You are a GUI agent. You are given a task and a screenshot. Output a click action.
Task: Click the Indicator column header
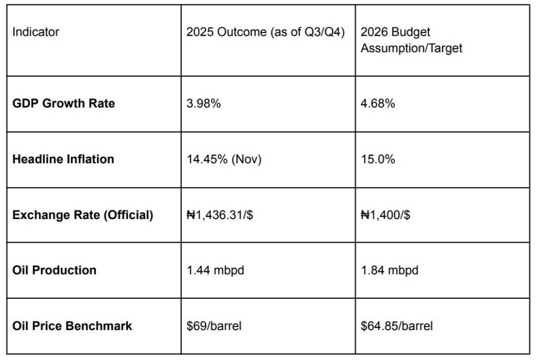point(36,32)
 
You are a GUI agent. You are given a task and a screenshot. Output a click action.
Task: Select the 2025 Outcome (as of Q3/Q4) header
point(265,32)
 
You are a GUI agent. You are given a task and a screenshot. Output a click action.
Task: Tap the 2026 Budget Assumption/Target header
point(412,40)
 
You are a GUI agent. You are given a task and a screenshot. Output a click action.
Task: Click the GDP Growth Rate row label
point(63,103)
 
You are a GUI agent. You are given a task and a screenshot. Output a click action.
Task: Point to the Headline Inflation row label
point(63,159)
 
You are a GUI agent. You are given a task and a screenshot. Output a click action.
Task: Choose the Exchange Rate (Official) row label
point(83,215)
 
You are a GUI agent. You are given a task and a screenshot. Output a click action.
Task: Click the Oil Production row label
point(55,270)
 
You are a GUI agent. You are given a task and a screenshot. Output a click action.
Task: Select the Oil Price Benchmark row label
point(72,326)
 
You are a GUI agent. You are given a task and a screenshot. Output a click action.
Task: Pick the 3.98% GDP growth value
point(203,103)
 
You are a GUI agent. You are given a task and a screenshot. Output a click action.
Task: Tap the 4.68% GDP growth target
point(378,103)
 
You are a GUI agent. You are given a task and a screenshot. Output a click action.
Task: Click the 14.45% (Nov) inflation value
point(224,159)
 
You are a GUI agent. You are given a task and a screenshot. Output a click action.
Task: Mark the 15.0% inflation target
point(378,159)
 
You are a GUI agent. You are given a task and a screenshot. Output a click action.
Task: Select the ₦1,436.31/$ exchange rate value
point(220,215)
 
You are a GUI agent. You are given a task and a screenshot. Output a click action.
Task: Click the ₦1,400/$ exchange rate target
point(385,215)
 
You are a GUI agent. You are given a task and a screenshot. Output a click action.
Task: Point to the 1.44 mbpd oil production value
point(216,270)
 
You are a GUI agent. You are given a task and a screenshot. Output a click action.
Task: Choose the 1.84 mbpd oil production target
point(390,270)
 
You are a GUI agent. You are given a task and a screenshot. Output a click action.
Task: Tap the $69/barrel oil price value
point(214,326)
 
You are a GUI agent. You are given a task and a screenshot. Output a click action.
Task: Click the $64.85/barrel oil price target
point(397,326)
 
